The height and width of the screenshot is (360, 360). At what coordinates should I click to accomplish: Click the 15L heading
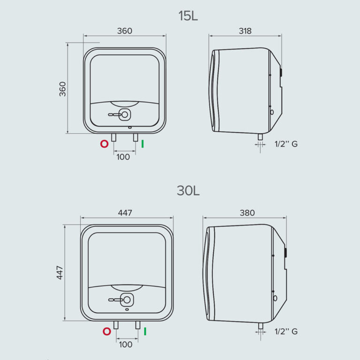tap(188, 16)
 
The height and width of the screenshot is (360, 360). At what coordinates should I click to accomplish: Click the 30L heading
tap(188, 191)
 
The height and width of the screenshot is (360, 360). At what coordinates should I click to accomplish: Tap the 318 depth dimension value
tap(245, 31)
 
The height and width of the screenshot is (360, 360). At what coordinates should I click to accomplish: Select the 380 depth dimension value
tap(247, 213)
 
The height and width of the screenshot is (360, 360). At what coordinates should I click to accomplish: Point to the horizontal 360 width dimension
tap(125, 31)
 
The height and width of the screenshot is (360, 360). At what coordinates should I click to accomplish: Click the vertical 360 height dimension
tap(62, 89)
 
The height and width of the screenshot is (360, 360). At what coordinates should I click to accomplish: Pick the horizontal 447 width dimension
tap(125, 213)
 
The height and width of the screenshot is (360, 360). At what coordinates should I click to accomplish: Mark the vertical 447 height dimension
tap(60, 272)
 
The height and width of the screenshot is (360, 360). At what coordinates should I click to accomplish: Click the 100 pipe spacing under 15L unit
tap(123, 157)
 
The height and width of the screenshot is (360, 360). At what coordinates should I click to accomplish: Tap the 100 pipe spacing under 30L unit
tap(126, 345)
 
